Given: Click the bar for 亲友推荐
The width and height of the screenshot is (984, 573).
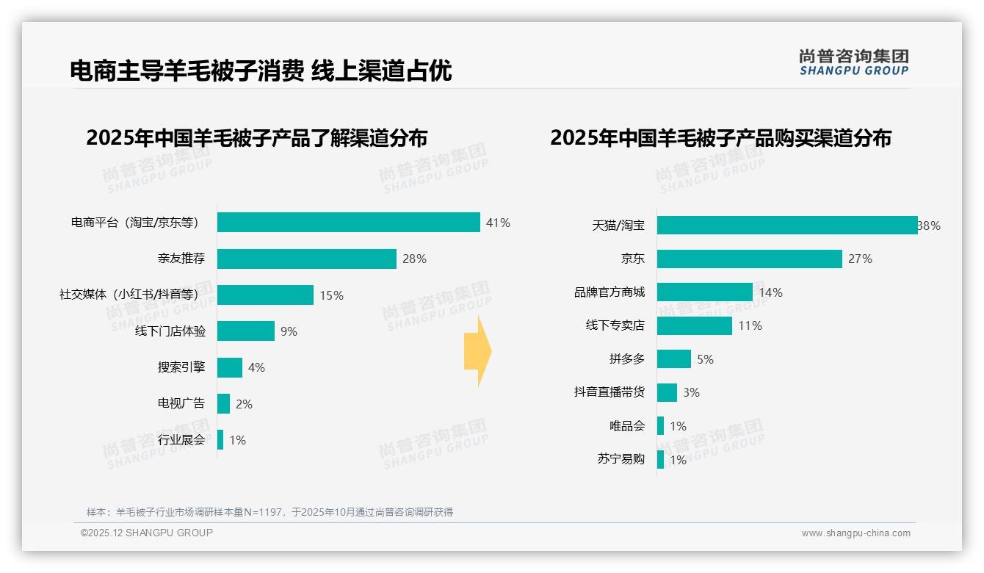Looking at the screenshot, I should tap(306, 259).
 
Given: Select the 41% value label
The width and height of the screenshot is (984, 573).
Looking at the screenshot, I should tap(498, 223).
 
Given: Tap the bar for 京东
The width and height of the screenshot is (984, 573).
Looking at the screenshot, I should tap(749, 259).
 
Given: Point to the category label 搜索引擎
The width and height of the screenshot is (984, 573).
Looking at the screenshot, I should tap(181, 367).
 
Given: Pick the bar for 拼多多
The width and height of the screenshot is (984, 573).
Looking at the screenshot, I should tap(673, 359).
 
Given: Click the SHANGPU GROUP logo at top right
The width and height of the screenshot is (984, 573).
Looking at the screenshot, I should tap(853, 62).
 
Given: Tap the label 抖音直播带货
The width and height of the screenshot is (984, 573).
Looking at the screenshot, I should tap(609, 392).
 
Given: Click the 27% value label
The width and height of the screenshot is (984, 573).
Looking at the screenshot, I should tap(860, 259).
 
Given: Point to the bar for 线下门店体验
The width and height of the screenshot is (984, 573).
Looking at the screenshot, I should tap(245, 331).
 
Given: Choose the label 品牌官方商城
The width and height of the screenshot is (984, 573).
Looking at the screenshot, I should tap(609, 292).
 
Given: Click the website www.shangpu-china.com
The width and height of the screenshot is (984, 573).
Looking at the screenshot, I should tap(855, 533).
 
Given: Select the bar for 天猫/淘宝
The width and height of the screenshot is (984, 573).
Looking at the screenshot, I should tap(786, 226).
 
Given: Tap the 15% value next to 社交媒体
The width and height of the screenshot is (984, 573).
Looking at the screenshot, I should tap(331, 295).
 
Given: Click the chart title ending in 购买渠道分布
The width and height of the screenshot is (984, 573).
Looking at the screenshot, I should tap(720, 138).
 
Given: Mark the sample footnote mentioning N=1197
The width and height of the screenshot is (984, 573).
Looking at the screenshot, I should tap(269, 512).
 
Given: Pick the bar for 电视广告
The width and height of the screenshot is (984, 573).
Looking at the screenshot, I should tap(223, 404).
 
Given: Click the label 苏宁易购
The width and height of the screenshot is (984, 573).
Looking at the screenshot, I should tap(621, 459).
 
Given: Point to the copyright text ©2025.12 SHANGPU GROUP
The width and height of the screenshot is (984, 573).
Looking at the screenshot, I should tap(147, 533).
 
